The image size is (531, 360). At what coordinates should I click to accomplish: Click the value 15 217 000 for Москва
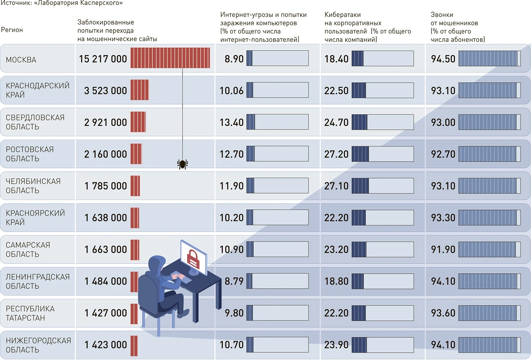103,59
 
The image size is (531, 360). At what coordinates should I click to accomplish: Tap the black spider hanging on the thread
182,164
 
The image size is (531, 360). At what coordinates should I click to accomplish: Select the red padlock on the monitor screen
193,258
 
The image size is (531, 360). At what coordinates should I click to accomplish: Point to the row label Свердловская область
35,122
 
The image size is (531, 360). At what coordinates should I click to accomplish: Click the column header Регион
12,30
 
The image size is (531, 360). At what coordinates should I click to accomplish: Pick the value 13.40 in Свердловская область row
232,122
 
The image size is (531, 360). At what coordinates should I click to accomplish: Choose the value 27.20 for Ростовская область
336,154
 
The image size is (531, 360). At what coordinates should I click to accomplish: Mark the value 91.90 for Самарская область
443,250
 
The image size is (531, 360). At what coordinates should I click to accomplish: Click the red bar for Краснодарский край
139,90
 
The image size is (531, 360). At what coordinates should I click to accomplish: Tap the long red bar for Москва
170,58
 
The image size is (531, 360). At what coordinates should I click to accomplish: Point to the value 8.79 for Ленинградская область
234,281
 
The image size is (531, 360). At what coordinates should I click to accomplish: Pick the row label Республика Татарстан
30,313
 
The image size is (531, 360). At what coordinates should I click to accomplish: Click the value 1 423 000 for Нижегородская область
105,345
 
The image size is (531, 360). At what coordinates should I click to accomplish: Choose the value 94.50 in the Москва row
443,59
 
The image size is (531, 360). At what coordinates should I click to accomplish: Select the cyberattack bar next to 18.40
383,58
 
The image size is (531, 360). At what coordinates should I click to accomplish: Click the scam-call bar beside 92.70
489,154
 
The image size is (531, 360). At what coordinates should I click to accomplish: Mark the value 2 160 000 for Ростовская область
105,154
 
